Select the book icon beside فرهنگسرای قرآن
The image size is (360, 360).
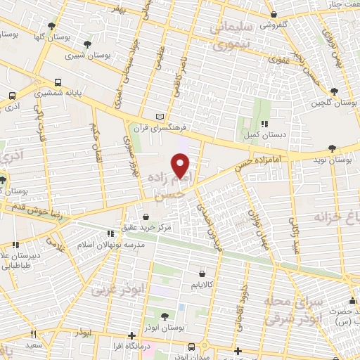[160, 116]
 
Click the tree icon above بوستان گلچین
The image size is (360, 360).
[333, 91]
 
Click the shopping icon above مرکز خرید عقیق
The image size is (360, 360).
[146, 217]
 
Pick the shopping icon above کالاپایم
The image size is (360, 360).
[202, 274]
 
